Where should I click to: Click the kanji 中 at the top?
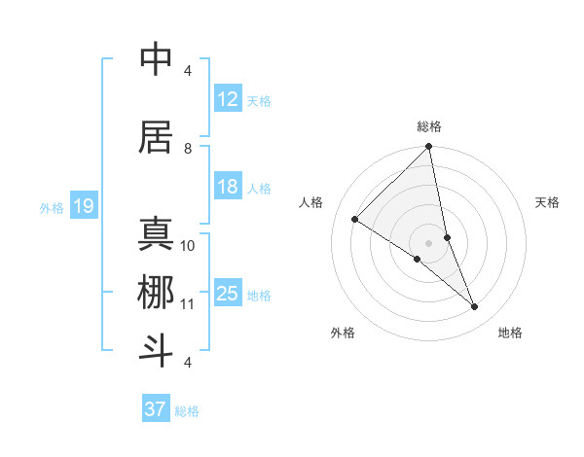pos(156,59)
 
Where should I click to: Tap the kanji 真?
pos(156,233)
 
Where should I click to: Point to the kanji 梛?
pos(156,292)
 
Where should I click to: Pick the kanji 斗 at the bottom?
pos(156,349)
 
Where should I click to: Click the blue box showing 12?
pos(228,100)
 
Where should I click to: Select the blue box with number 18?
pos(228,188)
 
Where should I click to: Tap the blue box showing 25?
pos(228,295)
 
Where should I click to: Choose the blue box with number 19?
pos(84,206)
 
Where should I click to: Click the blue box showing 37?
pos(156,409)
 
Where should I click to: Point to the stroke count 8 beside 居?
pos(188,148)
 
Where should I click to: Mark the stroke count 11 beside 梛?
pos(188,304)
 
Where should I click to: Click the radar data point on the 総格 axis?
pos(428,148)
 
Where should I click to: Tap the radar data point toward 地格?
pos(474,306)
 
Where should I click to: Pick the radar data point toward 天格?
pos(447,237)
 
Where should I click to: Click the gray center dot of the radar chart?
pos(428,242)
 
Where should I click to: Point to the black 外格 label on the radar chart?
pos(343,334)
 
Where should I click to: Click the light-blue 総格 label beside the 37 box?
pos(187,411)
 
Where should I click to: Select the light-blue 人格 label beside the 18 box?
pos(259,189)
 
